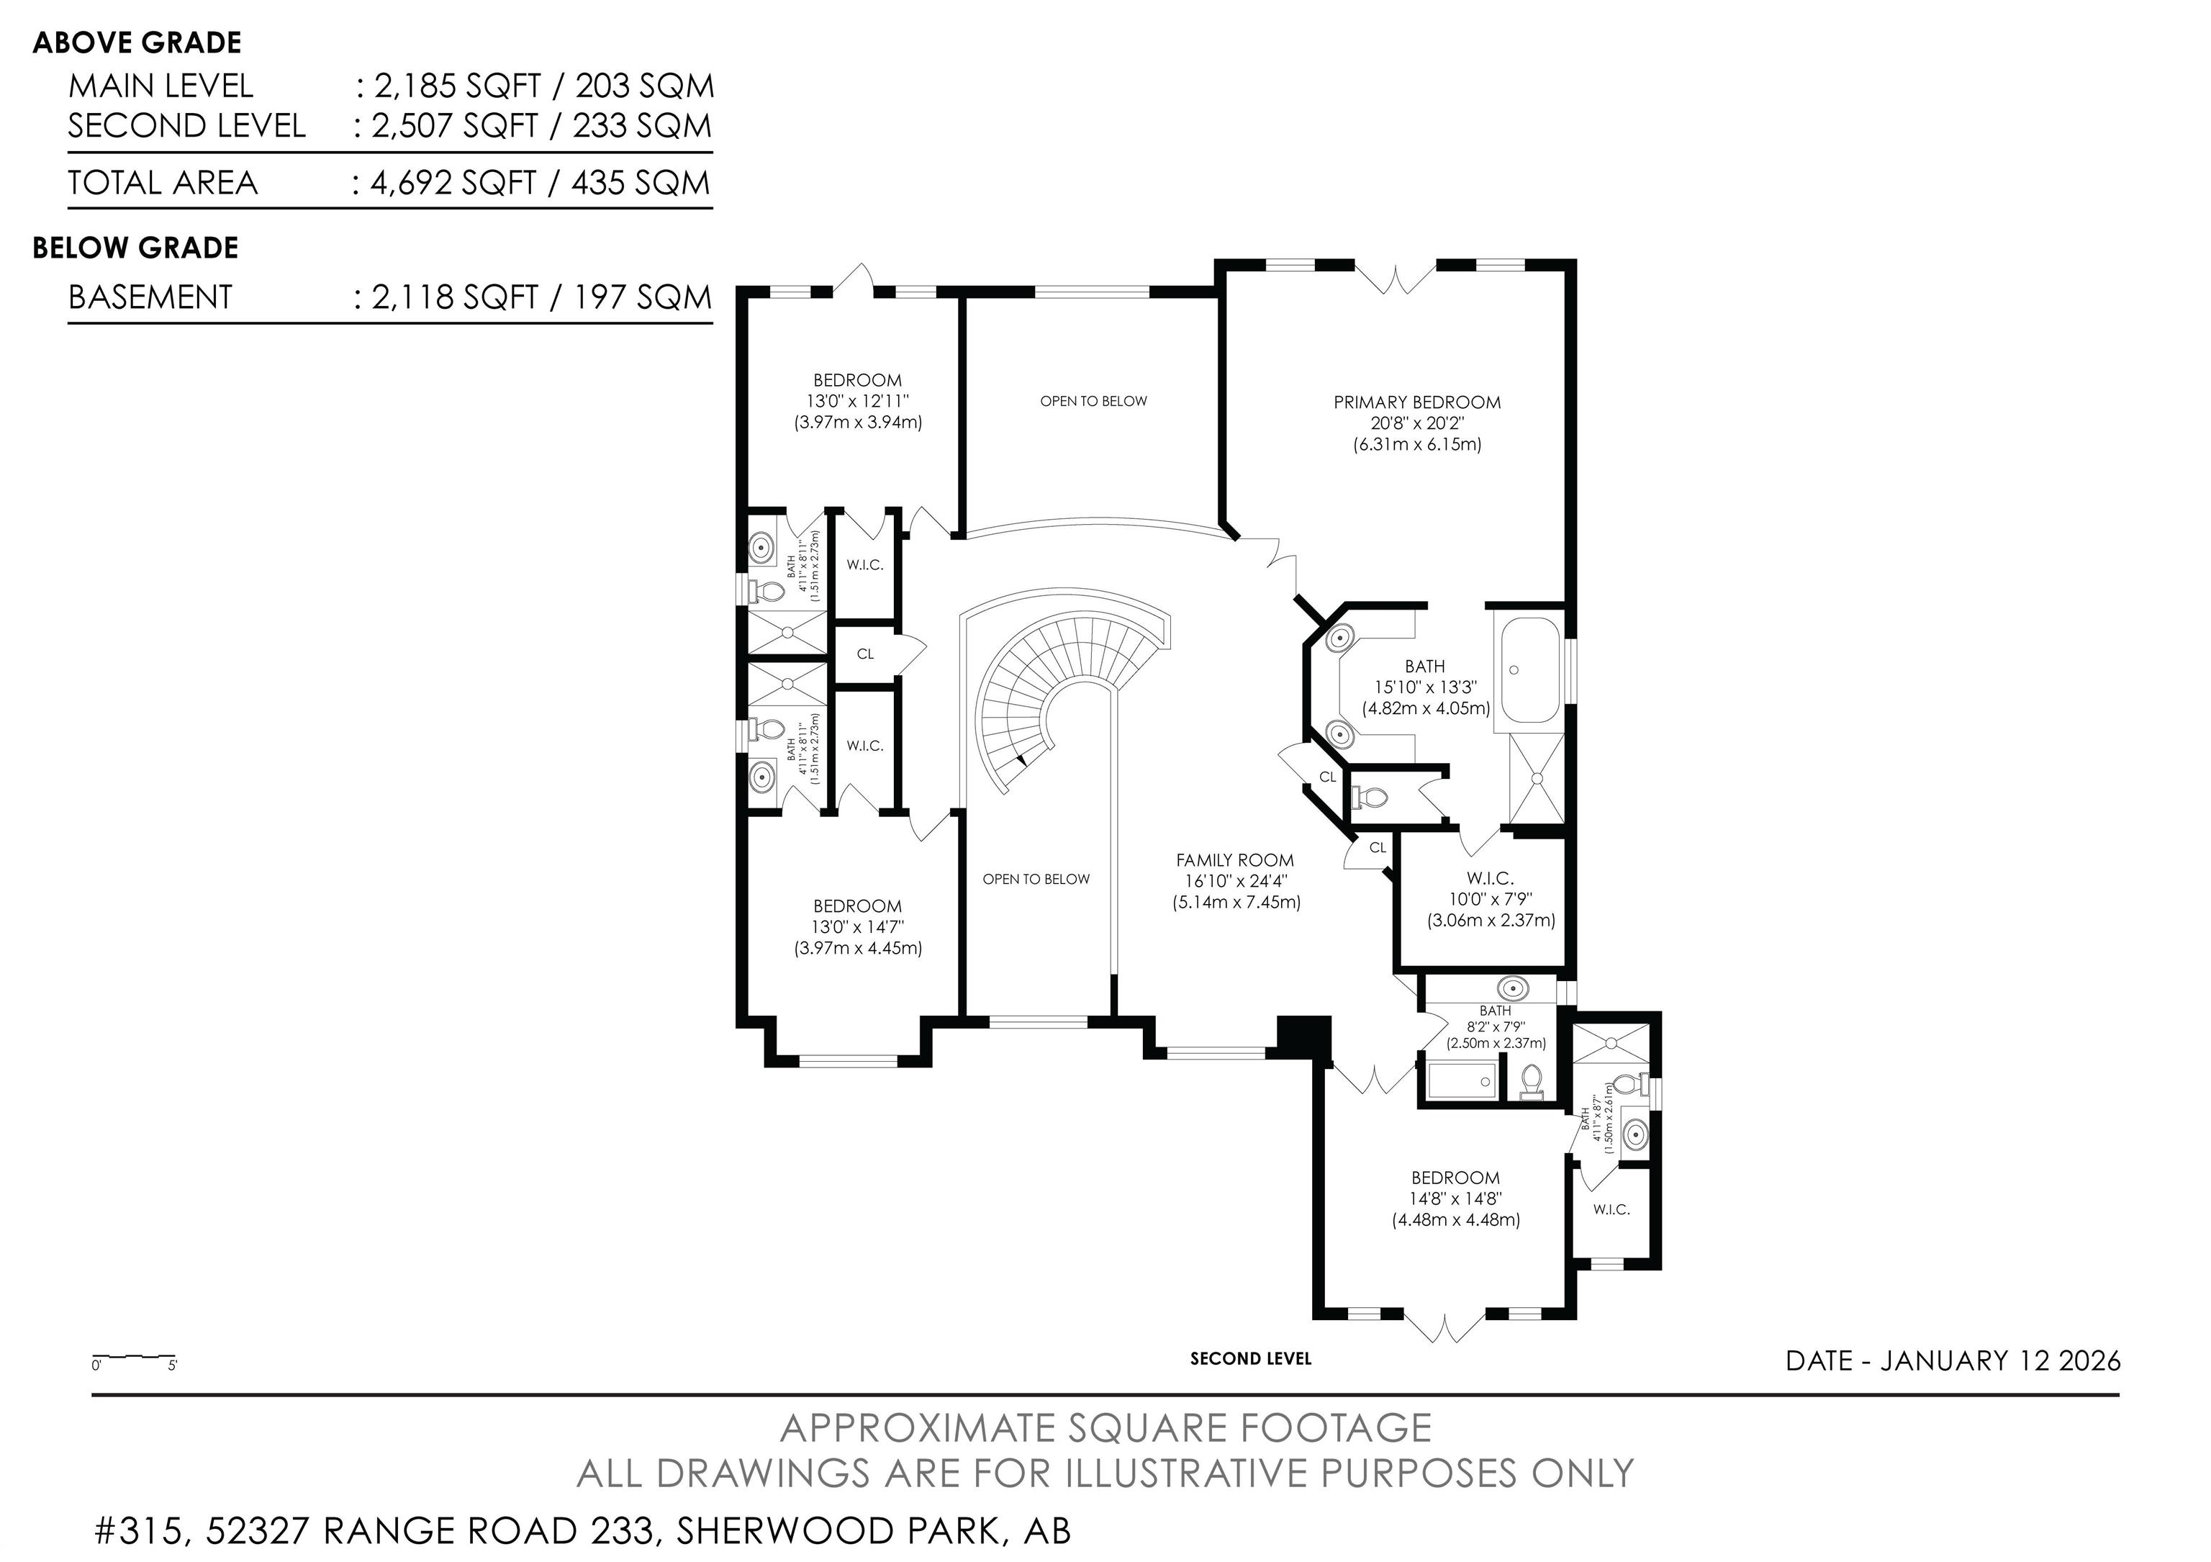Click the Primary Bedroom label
tap(1416, 402)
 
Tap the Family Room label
tap(1236, 860)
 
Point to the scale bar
tap(134, 1359)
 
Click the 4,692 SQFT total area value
tap(453, 183)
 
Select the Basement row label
tap(150, 297)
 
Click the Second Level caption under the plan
tap(1250, 1359)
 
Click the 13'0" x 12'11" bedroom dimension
tap(857, 401)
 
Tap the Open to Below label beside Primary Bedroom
tap(1093, 401)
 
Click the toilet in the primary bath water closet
tap(1370, 798)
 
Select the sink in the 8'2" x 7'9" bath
tap(1513, 988)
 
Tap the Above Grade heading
tap(137, 42)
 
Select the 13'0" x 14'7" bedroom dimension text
tap(857, 926)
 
